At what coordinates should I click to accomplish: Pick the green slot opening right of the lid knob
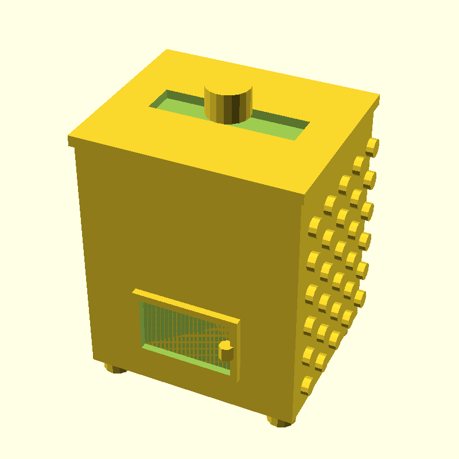(x=281, y=126)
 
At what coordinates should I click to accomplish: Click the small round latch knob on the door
(x=225, y=350)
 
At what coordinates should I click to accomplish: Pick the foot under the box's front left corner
(x=116, y=368)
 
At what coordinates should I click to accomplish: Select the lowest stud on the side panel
(x=308, y=385)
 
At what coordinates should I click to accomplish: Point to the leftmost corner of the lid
(x=69, y=139)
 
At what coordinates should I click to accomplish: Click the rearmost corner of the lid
(x=166, y=50)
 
